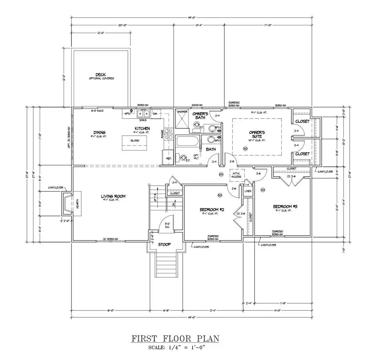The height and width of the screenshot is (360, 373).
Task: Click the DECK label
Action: [x=101, y=75]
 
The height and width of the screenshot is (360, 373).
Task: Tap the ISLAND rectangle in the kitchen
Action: [x=135, y=141]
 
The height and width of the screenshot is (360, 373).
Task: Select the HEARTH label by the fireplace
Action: [x=77, y=204]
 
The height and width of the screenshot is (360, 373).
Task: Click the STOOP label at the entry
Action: [x=164, y=244]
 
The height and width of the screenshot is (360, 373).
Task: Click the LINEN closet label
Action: [x=248, y=191]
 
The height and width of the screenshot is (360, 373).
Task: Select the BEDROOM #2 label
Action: [x=212, y=210]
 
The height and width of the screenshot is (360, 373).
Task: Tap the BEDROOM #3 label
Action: [x=285, y=206]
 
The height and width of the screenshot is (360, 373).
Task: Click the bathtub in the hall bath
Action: [x=187, y=141]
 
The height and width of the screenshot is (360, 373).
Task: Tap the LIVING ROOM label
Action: [x=113, y=196]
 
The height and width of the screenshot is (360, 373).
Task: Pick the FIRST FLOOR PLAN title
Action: [x=175, y=339]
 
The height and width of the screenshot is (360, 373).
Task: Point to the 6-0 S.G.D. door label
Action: [x=97, y=110]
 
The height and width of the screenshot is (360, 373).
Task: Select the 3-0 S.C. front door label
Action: [x=167, y=225]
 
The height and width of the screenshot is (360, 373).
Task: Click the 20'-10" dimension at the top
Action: [x=122, y=25]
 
